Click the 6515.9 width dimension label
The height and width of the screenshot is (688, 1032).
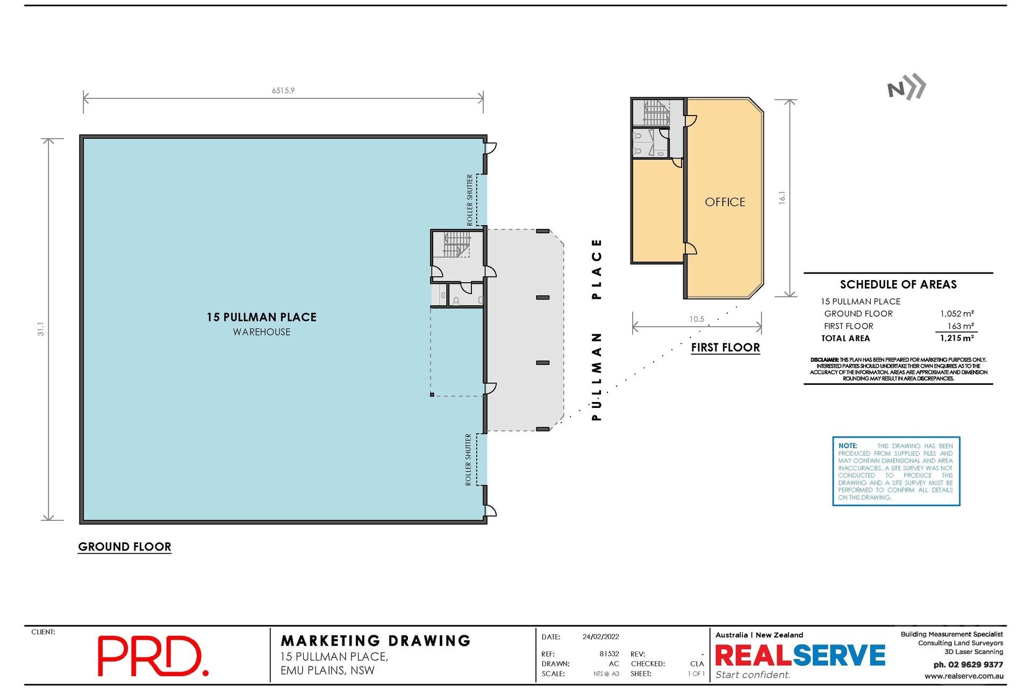(283, 91)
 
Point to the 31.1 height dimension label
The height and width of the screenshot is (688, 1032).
(41, 329)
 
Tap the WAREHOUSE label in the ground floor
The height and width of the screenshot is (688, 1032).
(262, 332)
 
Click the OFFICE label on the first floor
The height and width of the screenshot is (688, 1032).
(725, 202)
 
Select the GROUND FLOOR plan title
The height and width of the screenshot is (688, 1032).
(125, 547)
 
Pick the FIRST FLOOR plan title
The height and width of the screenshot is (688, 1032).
(726, 348)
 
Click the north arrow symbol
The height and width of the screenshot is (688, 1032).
(907, 88)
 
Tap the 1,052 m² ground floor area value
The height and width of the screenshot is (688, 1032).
(957, 314)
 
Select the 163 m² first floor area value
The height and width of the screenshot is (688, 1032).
(961, 326)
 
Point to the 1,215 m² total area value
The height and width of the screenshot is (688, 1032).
(957, 339)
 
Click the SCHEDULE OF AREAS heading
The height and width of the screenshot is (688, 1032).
(898, 285)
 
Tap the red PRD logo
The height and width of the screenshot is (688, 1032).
(153, 656)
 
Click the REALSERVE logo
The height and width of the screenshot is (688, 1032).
(800, 656)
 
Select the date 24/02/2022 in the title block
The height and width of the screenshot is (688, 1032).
(600, 637)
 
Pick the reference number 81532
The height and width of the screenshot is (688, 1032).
(609, 654)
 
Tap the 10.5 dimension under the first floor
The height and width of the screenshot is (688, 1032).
(697, 319)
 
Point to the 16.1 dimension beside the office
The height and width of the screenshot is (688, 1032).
(782, 198)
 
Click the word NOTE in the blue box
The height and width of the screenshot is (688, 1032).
(848, 446)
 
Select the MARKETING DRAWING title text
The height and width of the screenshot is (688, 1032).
(376, 641)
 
